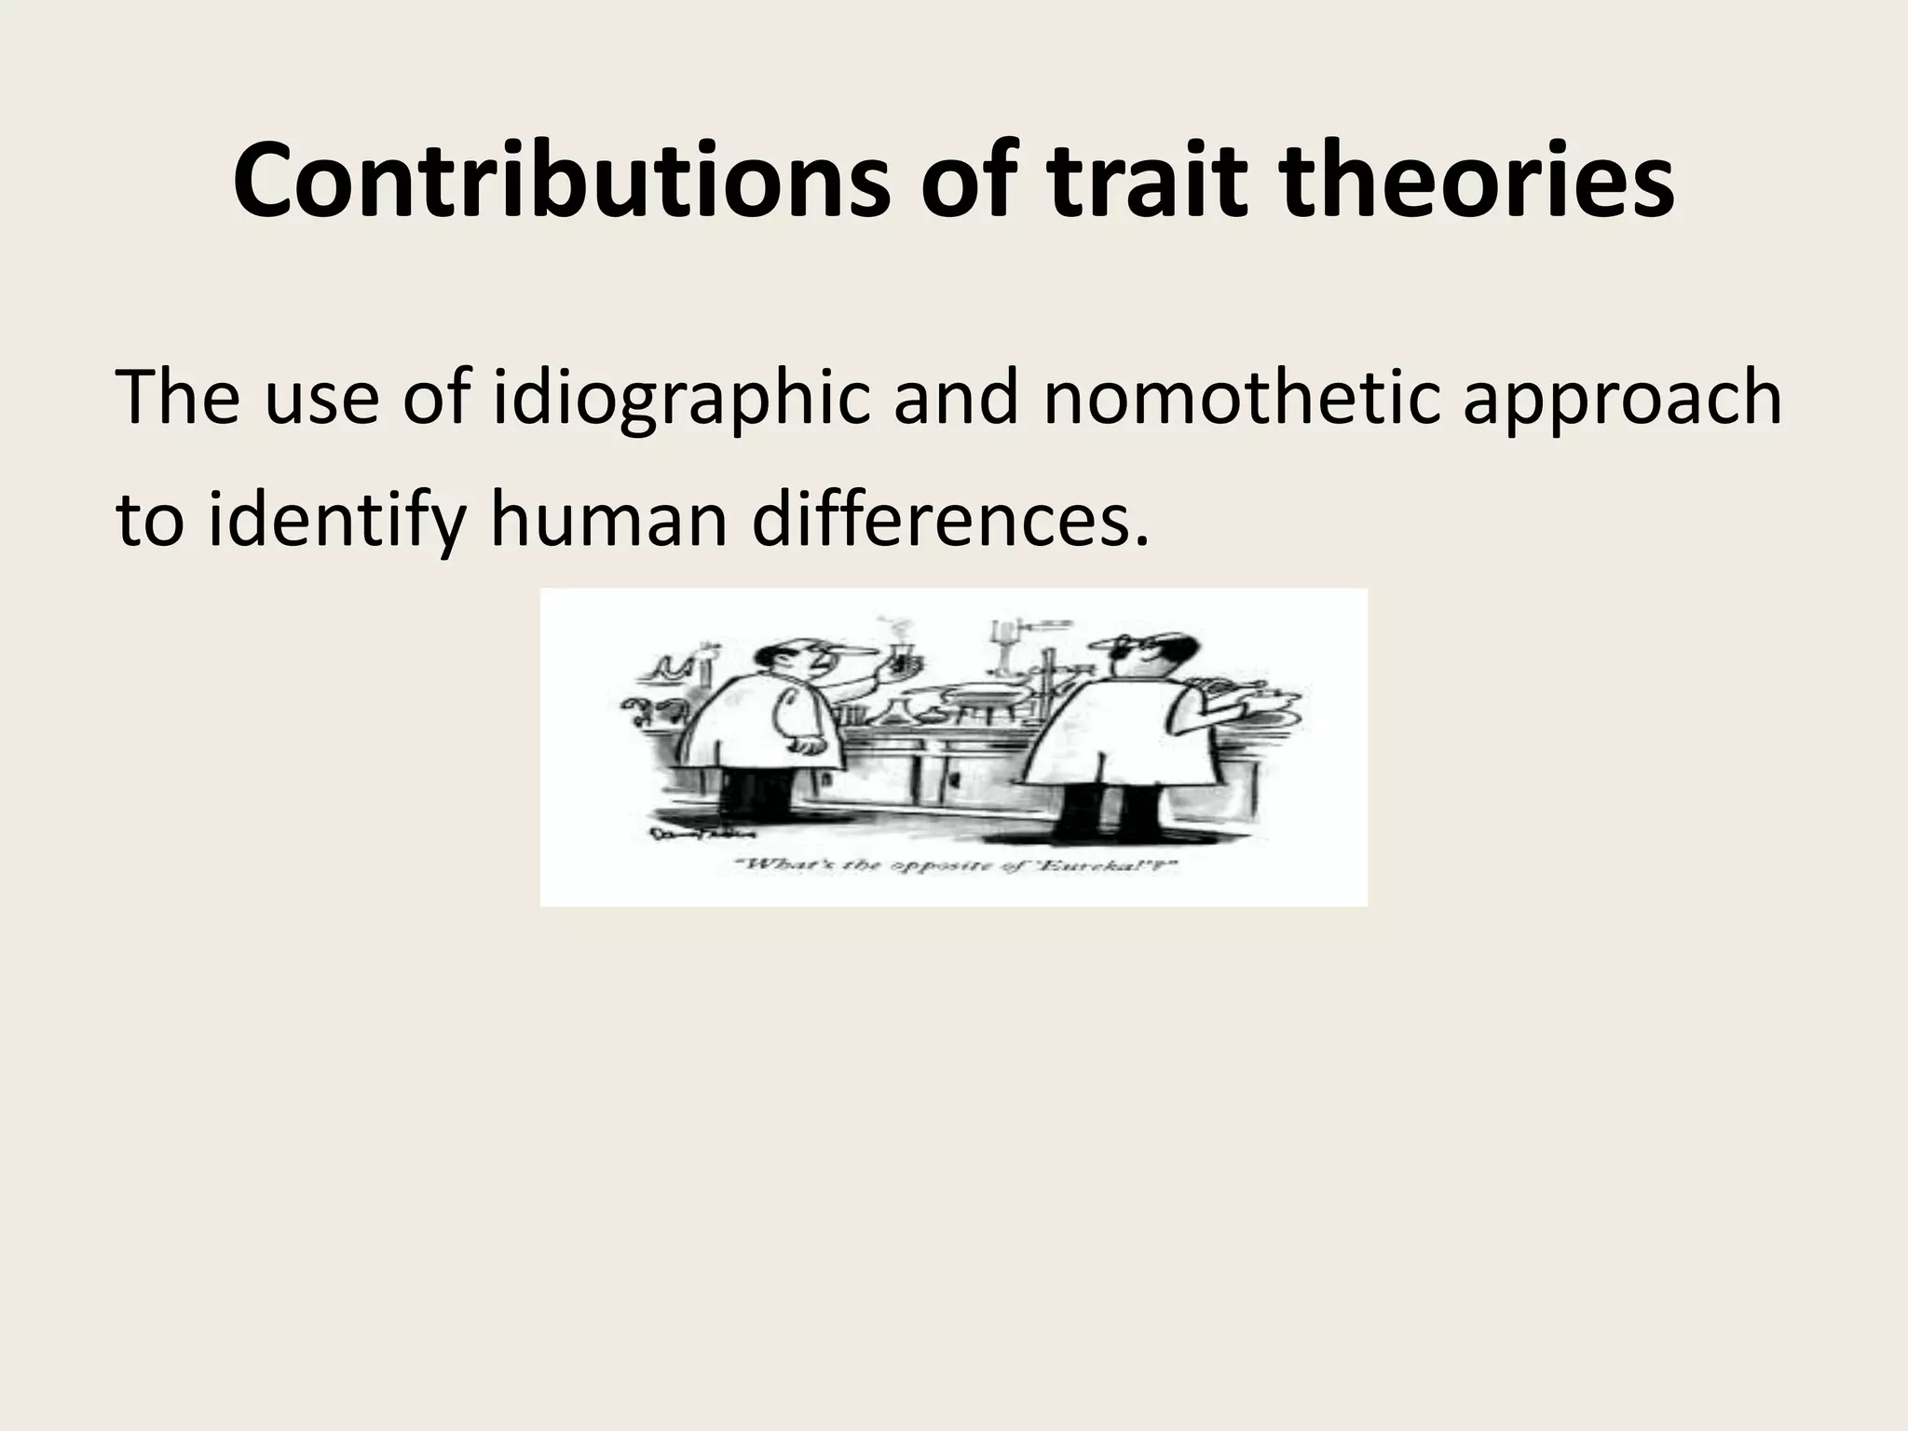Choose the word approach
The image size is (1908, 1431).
(x=1621, y=400)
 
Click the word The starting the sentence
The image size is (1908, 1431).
(x=177, y=398)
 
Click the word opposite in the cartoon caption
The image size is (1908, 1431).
(x=948, y=866)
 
